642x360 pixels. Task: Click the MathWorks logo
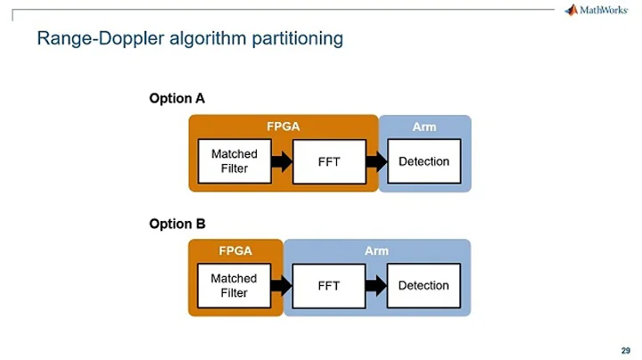click(x=598, y=12)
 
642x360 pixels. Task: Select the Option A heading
click(x=177, y=99)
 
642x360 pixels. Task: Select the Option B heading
click(x=177, y=224)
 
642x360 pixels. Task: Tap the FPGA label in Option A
click(x=284, y=127)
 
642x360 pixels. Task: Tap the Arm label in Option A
click(x=424, y=127)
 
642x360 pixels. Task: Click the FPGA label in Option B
click(x=235, y=250)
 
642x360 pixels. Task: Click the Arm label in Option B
click(x=376, y=250)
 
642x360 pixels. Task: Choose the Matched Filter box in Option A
click(x=234, y=161)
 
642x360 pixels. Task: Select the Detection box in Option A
click(x=424, y=161)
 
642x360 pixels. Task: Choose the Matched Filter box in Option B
click(x=234, y=285)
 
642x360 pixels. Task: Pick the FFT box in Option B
click(x=328, y=286)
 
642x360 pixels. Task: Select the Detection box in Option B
click(x=424, y=285)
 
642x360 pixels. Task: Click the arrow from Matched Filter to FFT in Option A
click(x=281, y=161)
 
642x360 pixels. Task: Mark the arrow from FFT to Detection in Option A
click(x=376, y=161)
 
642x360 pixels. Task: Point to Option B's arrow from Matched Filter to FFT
click(x=281, y=285)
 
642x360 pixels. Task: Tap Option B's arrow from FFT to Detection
click(x=376, y=285)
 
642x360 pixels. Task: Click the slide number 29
click(x=625, y=348)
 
